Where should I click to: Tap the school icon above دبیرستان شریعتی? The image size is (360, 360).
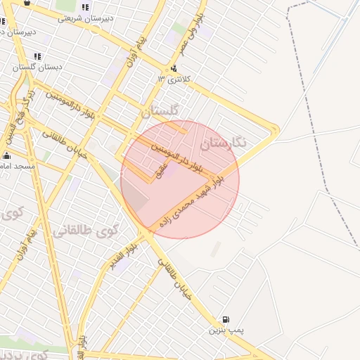(x=86, y=8)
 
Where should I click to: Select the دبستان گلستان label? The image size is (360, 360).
(x=38, y=67)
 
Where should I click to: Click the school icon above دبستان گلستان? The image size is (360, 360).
(x=37, y=56)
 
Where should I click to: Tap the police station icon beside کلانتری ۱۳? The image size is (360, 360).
(x=173, y=68)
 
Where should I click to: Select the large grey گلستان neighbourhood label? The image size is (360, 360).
(x=160, y=110)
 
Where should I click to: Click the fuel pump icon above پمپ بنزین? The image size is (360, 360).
(x=225, y=319)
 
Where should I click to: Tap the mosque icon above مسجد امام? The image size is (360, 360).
(x=7, y=155)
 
